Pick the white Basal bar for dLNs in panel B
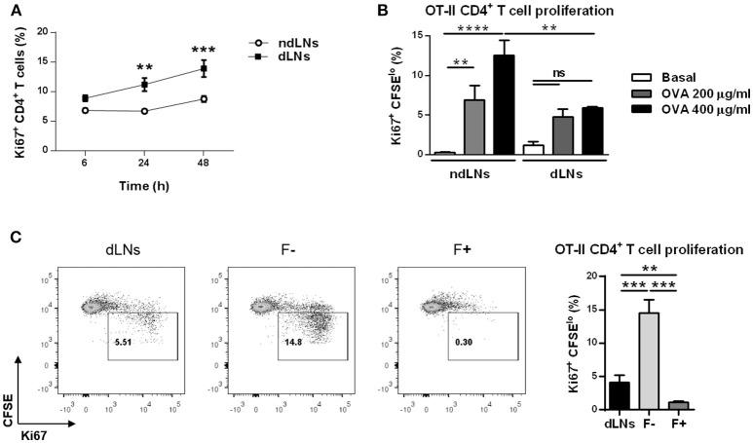tap(533, 149)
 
